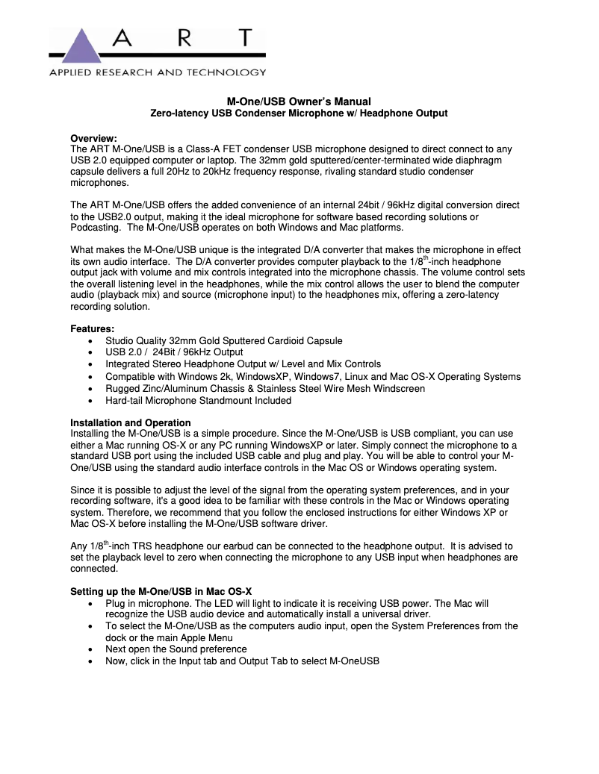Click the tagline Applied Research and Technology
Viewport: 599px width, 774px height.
[x=158, y=72]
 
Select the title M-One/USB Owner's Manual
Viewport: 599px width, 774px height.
[x=299, y=102]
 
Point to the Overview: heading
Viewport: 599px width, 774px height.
[x=93, y=138]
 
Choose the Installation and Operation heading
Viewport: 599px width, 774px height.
[x=131, y=422]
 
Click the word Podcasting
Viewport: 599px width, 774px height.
[x=96, y=228]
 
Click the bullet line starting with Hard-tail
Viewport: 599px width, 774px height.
[x=198, y=400]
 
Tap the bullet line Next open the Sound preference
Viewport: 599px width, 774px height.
[x=176, y=649]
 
